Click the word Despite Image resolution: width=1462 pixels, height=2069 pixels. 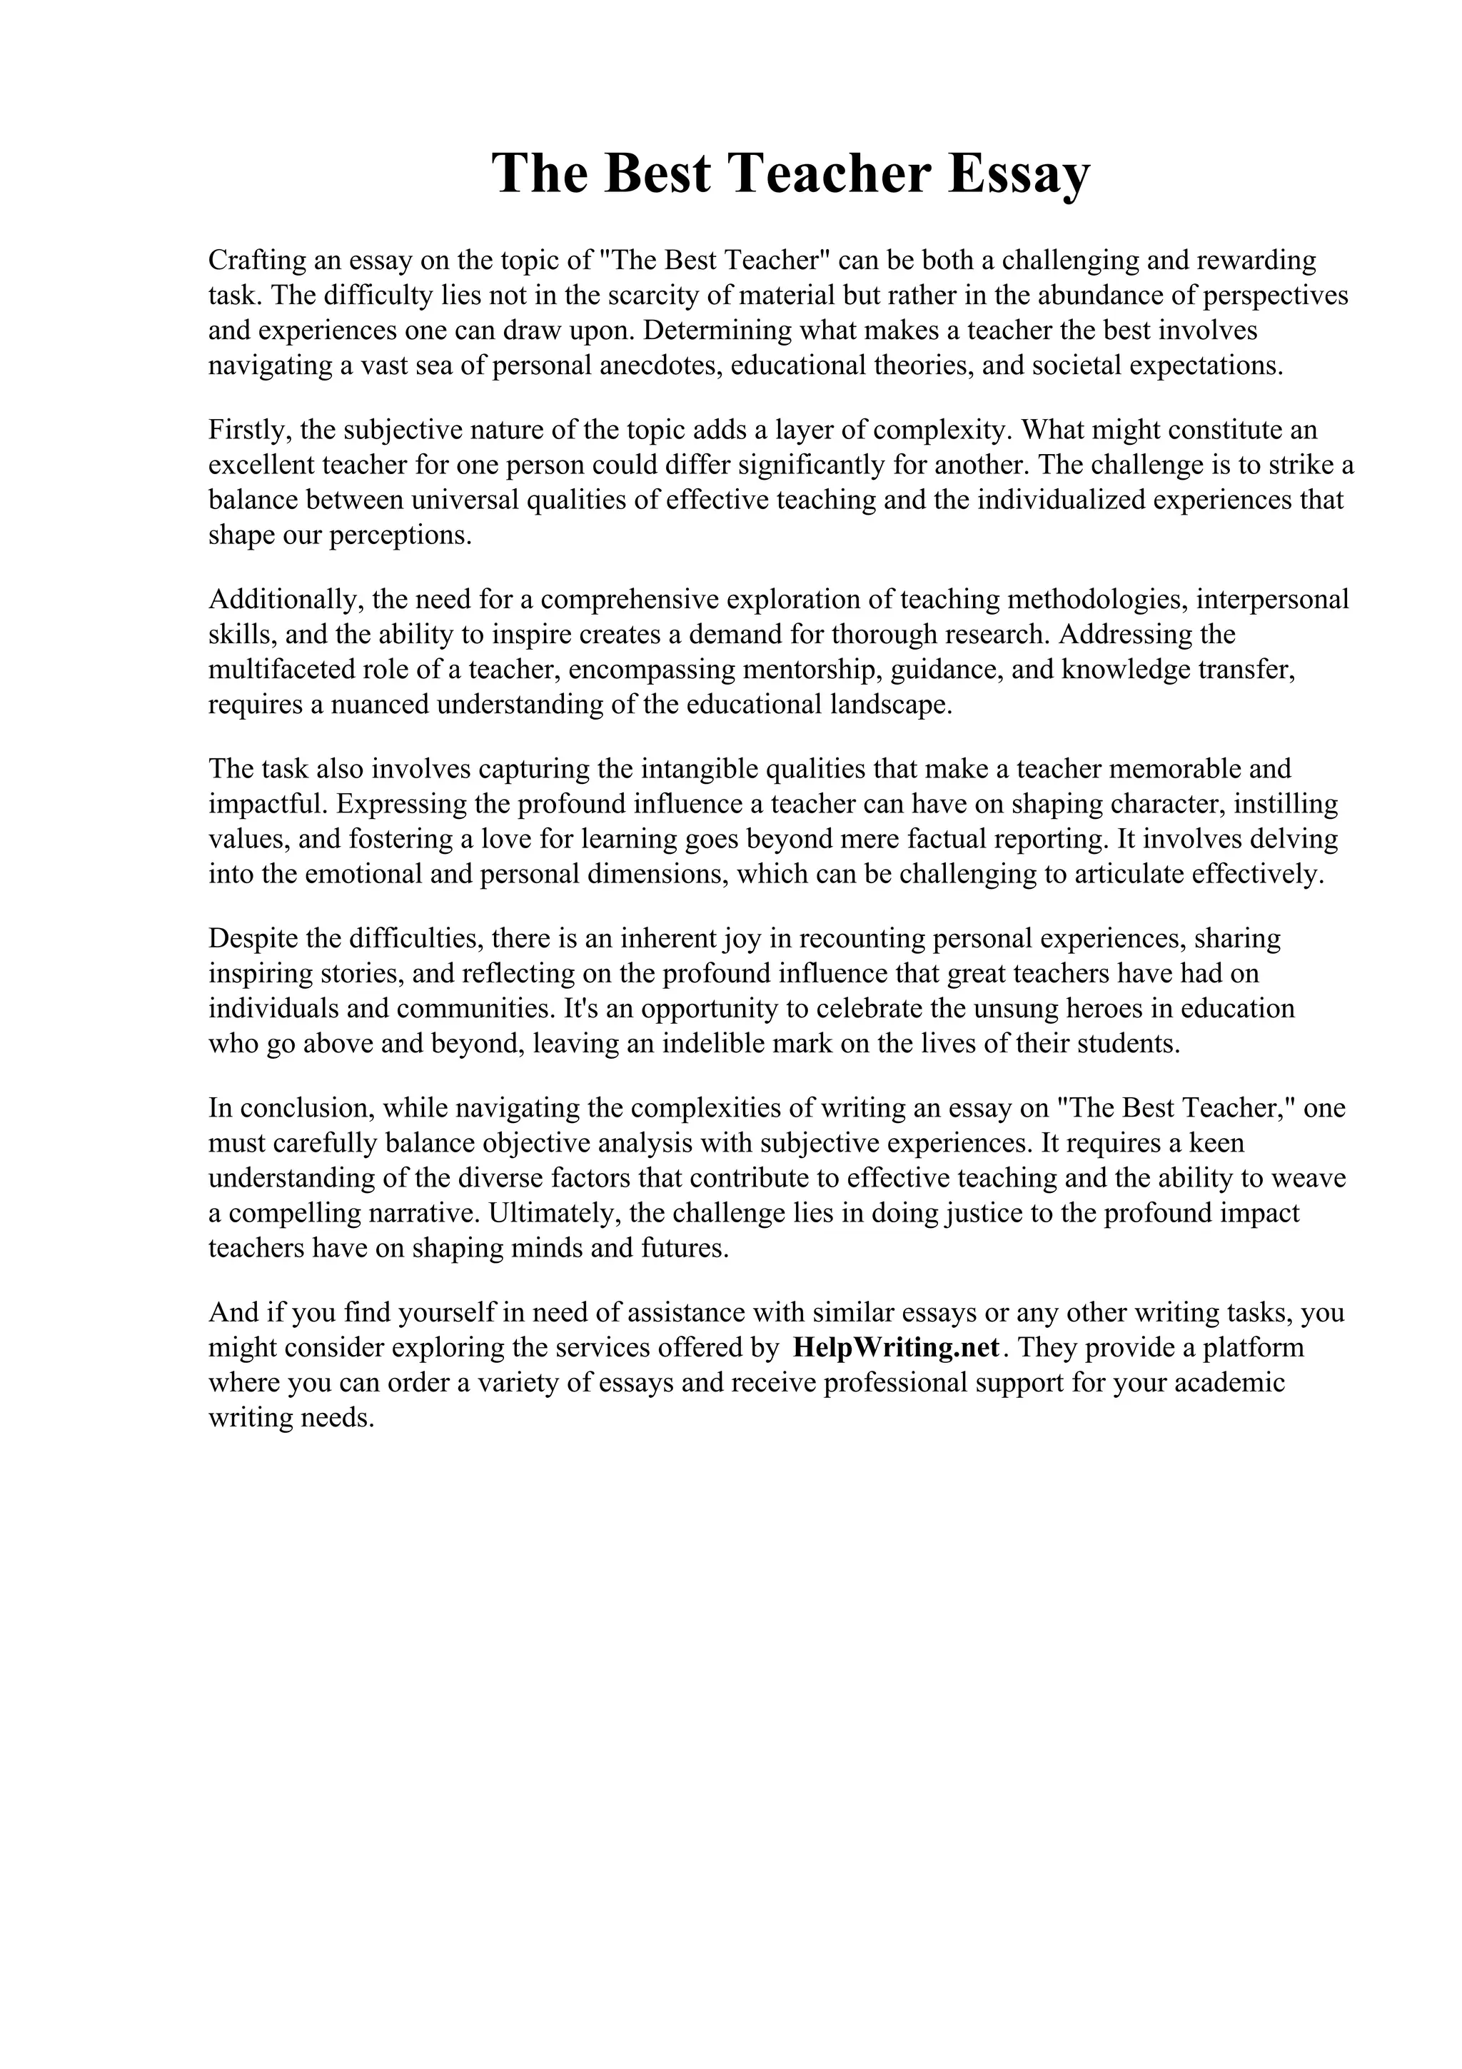coord(252,938)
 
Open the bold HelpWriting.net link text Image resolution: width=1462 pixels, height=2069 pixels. coord(897,1348)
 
